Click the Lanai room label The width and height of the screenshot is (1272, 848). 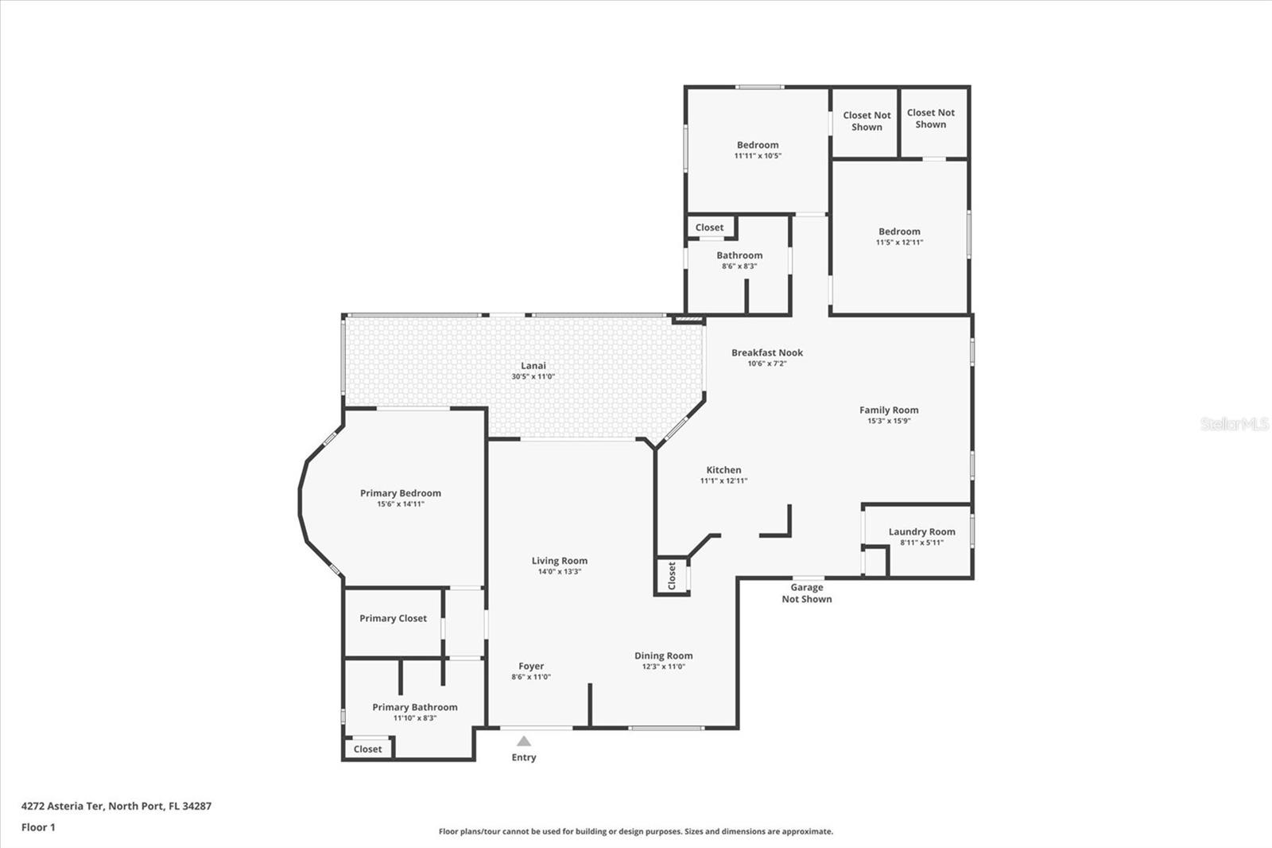point(533,365)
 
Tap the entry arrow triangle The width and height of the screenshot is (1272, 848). point(524,741)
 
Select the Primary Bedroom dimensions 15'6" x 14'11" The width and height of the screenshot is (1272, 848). point(401,504)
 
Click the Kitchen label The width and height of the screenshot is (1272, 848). point(723,470)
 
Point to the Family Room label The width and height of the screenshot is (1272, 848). point(889,410)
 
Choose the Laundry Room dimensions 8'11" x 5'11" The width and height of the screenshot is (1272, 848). point(921,543)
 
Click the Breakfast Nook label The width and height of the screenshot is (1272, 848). point(767,352)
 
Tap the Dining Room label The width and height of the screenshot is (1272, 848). point(663,656)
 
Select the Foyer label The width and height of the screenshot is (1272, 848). point(531,666)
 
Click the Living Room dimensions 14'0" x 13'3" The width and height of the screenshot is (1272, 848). point(560,572)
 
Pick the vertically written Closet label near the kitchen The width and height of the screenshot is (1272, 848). point(672,576)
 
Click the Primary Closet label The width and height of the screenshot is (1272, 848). point(393,618)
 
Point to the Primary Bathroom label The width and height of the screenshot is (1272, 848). point(414,707)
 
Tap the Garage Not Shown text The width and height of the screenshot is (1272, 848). point(806,593)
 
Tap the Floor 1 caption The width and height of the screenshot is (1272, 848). point(39,827)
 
